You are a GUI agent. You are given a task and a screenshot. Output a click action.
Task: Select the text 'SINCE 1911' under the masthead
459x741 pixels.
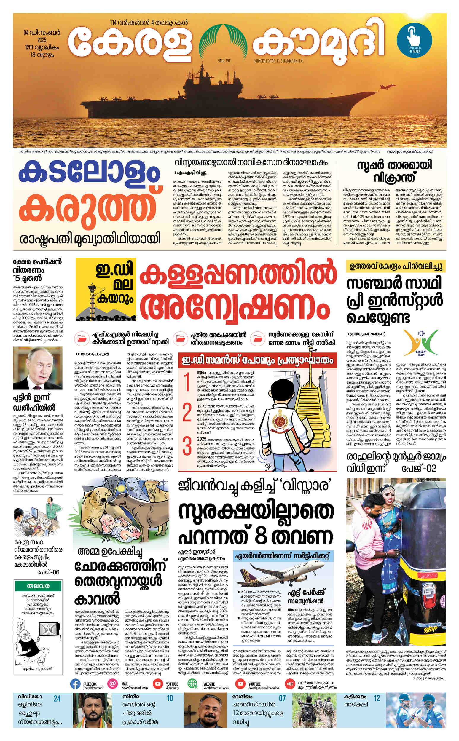[224, 61]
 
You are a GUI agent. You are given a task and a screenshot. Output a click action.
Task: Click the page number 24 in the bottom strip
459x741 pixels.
[57, 699]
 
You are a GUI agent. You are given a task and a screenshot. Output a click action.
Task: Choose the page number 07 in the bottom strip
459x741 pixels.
[282, 699]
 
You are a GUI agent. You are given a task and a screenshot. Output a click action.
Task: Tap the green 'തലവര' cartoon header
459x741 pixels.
[38, 585]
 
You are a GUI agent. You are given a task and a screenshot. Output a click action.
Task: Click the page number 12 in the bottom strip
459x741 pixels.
[377, 699]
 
